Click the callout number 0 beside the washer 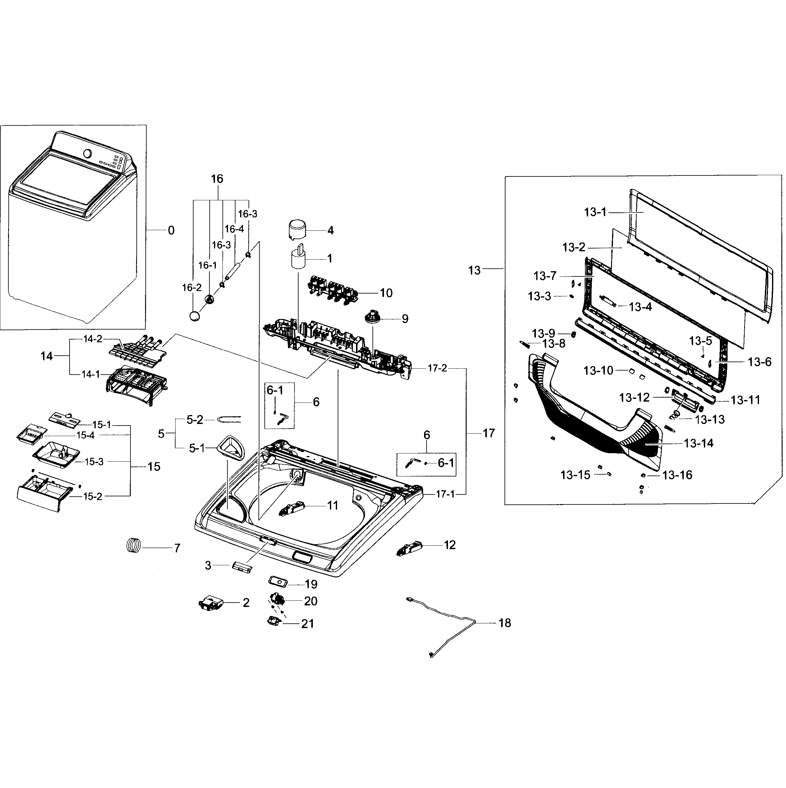point(171,231)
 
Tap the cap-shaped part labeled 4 point(298,230)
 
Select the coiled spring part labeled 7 point(133,546)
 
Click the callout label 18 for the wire point(504,623)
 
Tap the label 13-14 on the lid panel point(698,443)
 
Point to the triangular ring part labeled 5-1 point(231,448)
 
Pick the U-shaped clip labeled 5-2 point(229,419)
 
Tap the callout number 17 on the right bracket point(488,433)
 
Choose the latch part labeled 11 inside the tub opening point(292,508)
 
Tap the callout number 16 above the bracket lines point(217,179)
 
